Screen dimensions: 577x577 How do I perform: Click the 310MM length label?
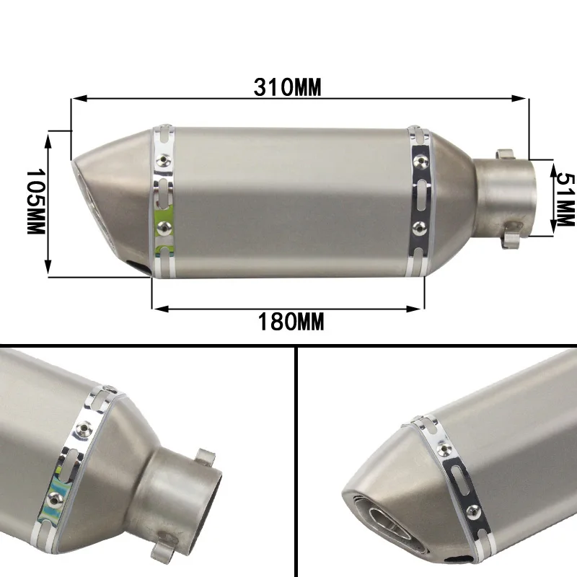(x=287, y=87)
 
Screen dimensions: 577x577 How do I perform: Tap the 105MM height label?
(x=35, y=202)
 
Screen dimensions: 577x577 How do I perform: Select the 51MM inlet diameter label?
(x=565, y=199)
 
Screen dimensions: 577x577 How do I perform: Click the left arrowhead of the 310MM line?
(x=80, y=98)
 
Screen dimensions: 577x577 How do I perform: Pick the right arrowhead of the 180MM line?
(x=413, y=185)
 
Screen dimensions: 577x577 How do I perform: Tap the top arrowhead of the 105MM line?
(x=48, y=141)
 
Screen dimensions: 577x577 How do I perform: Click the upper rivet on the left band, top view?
(x=162, y=159)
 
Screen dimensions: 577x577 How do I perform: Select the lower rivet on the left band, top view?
(x=162, y=228)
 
